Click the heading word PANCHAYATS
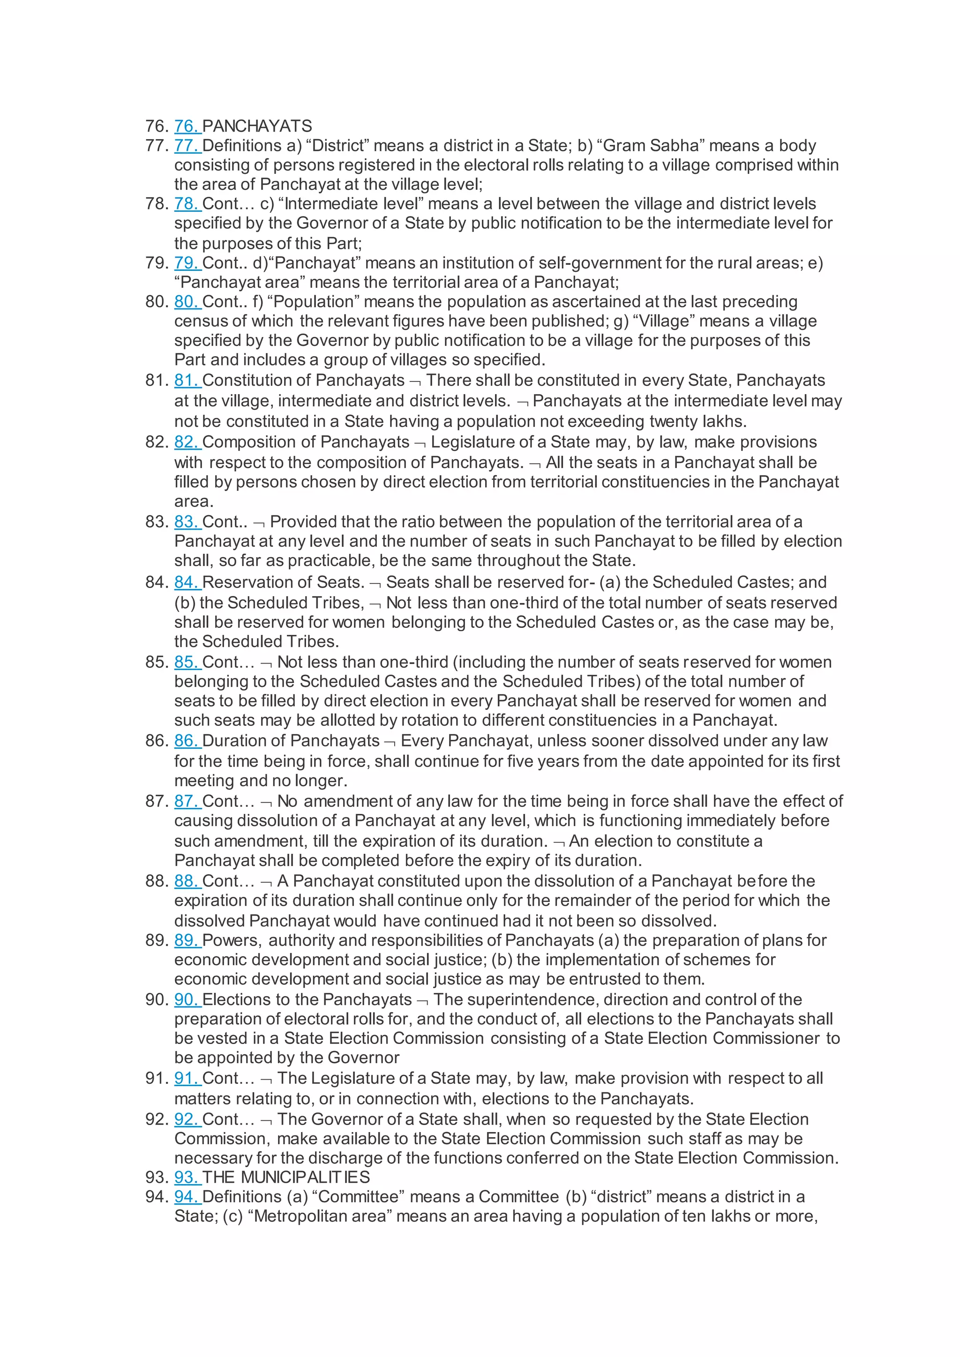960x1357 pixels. (x=257, y=126)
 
